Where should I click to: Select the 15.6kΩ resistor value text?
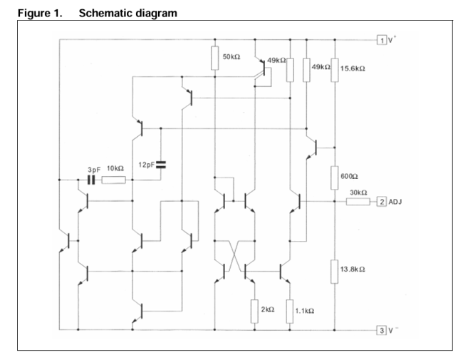355,68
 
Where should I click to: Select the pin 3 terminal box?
383,330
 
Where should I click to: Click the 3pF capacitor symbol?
92,180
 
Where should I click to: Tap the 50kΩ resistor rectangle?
214,58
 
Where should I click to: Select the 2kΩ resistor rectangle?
254,311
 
